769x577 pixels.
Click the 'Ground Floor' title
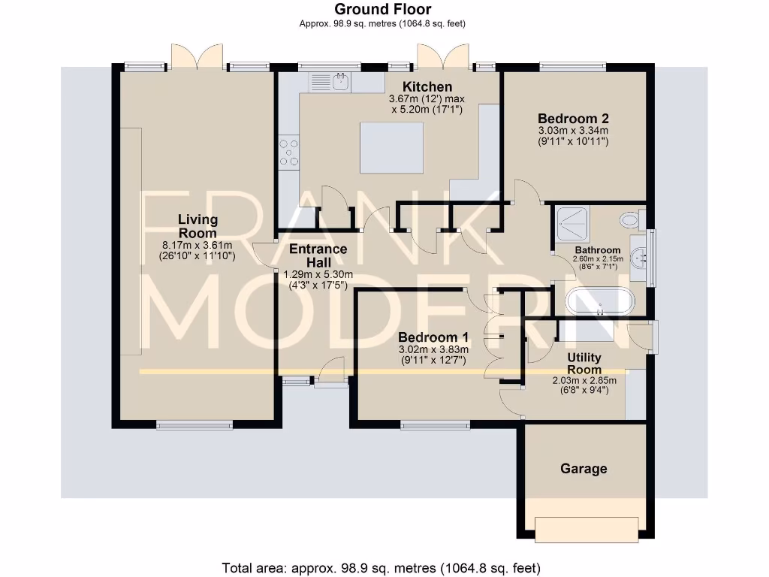click(383, 9)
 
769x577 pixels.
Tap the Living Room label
click(198, 226)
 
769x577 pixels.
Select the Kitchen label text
click(427, 86)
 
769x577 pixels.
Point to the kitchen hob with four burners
click(288, 153)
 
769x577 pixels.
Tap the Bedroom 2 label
click(573, 118)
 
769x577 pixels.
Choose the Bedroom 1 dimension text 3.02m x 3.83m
click(433, 349)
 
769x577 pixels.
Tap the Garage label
click(584, 469)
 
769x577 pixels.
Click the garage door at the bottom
click(588, 528)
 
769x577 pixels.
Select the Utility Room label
click(584, 364)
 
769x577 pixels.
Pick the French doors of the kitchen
click(444, 57)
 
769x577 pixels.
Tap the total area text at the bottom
click(381, 567)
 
